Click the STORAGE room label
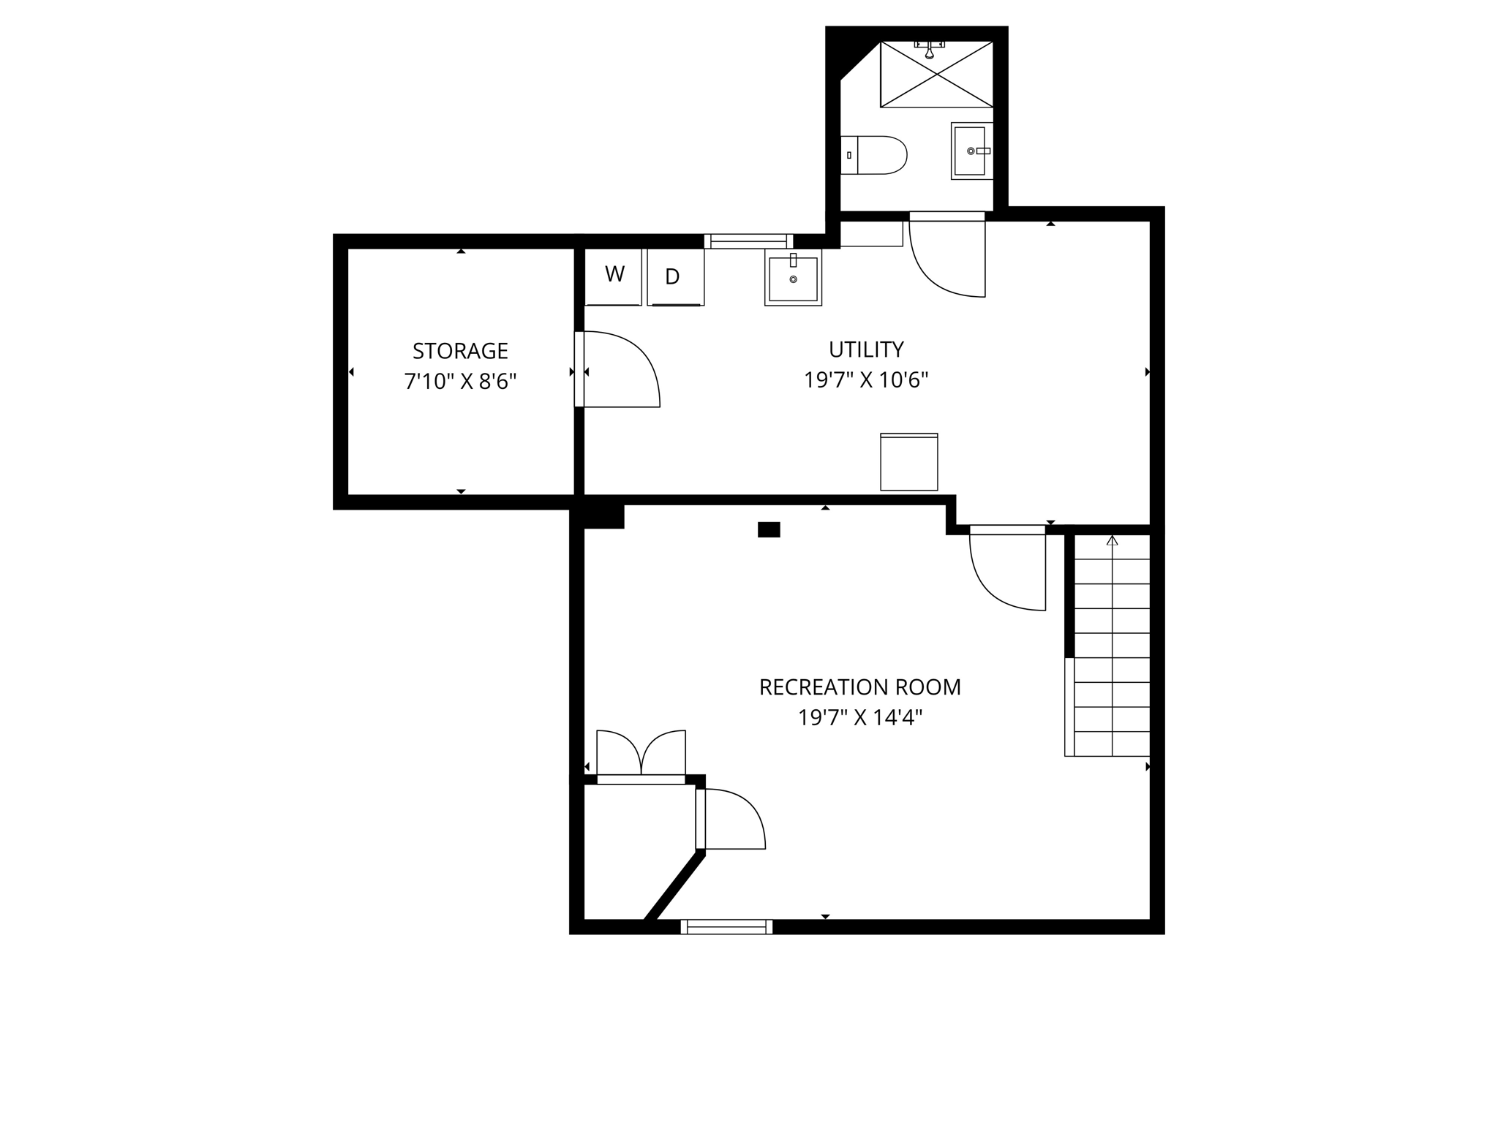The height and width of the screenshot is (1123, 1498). [x=460, y=351]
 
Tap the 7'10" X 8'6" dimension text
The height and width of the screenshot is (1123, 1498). [x=460, y=382]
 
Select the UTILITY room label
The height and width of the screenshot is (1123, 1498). [x=866, y=349]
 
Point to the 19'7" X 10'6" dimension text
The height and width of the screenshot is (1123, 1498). [x=866, y=380]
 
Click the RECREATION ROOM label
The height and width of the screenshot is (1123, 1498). [x=859, y=687]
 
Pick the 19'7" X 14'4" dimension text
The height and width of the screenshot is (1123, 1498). [x=859, y=718]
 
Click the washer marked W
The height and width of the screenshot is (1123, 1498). [x=614, y=276]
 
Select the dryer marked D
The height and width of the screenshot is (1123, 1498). [x=675, y=276]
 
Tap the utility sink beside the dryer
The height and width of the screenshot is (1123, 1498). [x=793, y=277]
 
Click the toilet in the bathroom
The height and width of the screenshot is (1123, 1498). [x=873, y=155]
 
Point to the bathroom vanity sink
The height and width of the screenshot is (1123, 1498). [x=972, y=151]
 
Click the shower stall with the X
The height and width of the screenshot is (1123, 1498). [x=936, y=75]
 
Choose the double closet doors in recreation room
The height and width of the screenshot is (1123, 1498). [x=641, y=753]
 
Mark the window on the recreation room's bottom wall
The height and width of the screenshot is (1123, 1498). [x=726, y=927]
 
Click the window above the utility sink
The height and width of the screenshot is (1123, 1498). [x=748, y=241]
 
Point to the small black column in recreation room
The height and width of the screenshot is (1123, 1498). [x=769, y=530]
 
